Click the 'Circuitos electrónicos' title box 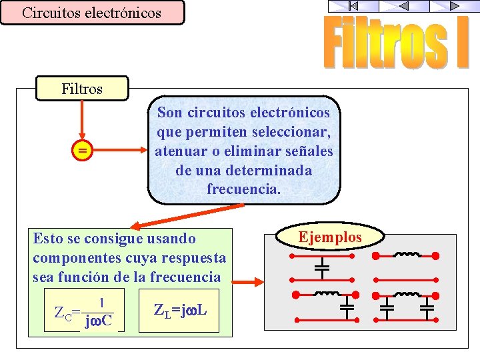coord(92,13)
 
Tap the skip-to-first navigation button coord(353,6)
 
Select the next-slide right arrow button coord(454,6)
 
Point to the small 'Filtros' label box coord(82,89)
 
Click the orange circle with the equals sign coord(82,151)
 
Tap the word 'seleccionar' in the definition coord(289,132)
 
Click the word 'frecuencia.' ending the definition coord(243,189)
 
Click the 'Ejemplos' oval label coord(330,237)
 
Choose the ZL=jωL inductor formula coord(179,309)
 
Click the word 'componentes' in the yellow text coord(68,257)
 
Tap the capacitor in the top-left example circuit coord(322,268)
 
